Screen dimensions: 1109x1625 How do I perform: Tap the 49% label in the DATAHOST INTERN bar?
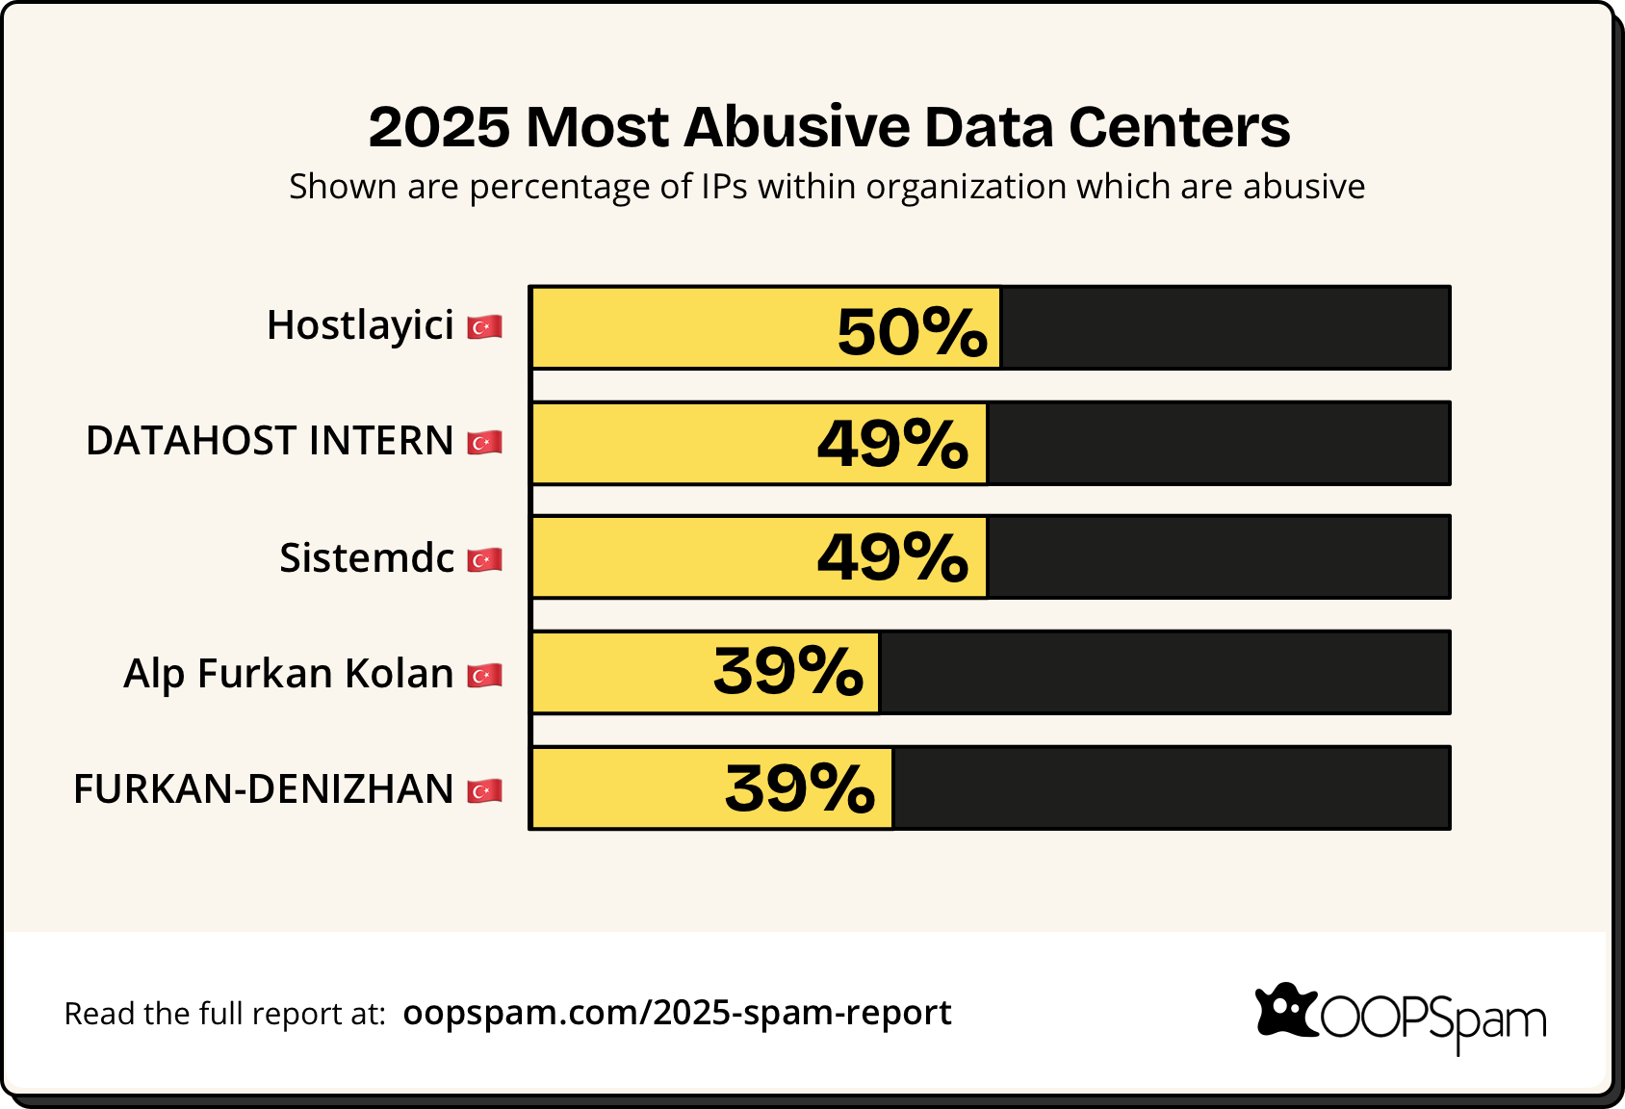[x=892, y=444]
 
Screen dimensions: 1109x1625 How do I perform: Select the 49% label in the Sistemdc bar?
[x=892, y=557]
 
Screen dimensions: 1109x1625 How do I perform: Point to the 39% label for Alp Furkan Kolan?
[x=787, y=671]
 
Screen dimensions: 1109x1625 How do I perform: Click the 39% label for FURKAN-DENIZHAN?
[x=799, y=788]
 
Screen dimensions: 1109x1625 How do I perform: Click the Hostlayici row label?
[x=360, y=325]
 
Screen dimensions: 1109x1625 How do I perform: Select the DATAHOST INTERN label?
[x=270, y=441]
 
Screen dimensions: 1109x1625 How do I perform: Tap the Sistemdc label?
[x=367, y=558]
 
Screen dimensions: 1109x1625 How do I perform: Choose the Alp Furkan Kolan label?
[x=289, y=674]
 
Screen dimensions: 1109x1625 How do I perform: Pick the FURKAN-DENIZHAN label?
[x=263, y=789]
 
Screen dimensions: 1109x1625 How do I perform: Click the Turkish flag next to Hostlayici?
[x=484, y=327]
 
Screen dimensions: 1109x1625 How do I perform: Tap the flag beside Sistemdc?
[x=484, y=560]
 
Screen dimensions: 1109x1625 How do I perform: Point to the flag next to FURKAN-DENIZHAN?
[x=484, y=791]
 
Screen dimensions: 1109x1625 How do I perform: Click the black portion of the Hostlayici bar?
[x=1225, y=328]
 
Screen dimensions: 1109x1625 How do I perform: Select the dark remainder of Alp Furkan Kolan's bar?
[x=1164, y=672]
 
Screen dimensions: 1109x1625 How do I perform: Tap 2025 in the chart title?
[x=439, y=127]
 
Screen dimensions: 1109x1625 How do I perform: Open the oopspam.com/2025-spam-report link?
[x=677, y=1013]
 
